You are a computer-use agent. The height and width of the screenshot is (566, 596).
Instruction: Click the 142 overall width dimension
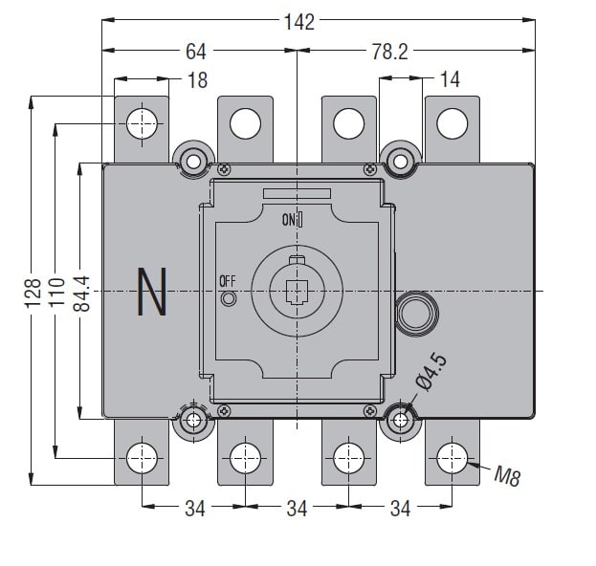pos(299,21)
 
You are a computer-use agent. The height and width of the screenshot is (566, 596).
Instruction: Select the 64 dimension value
pos(196,52)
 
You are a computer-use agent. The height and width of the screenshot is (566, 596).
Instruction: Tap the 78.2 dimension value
pos(389,52)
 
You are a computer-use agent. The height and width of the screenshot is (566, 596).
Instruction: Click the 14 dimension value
pos(450,80)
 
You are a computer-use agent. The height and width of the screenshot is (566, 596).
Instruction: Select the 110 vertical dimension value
pos(56,291)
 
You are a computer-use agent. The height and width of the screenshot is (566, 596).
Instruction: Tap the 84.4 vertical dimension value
pos(81,291)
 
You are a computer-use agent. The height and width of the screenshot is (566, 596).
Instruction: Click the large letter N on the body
pos(152,292)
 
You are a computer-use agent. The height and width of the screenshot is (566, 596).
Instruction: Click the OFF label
pos(228,280)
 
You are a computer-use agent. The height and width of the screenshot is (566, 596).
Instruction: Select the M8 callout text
pos(507,475)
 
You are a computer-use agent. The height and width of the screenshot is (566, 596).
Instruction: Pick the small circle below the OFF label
pos(229,299)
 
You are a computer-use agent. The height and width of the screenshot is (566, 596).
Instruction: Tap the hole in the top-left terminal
pos(143,122)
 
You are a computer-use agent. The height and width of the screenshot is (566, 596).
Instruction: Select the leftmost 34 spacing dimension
pos(195,509)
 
